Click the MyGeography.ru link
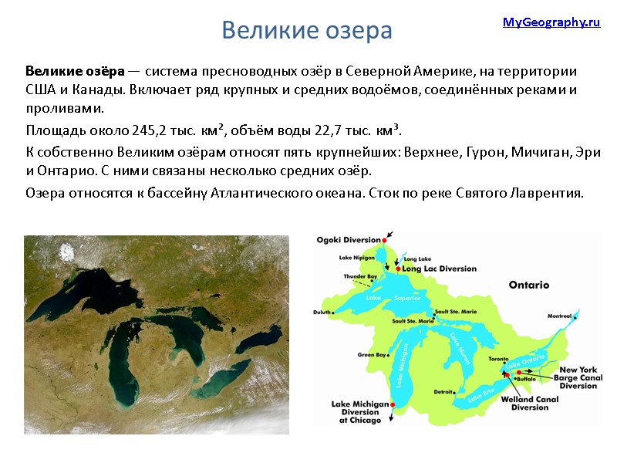(x=551, y=22)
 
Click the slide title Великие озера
(x=307, y=31)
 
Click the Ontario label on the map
(x=528, y=285)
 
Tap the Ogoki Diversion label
(x=349, y=239)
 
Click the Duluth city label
(x=322, y=312)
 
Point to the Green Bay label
(x=371, y=355)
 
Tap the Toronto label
(x=501, y=360)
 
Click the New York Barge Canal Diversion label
(x=578, y=378)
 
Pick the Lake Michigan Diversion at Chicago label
(x=356, y=412)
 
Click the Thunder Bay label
(x=361, y=276)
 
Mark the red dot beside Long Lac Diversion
(x=397, y=269)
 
